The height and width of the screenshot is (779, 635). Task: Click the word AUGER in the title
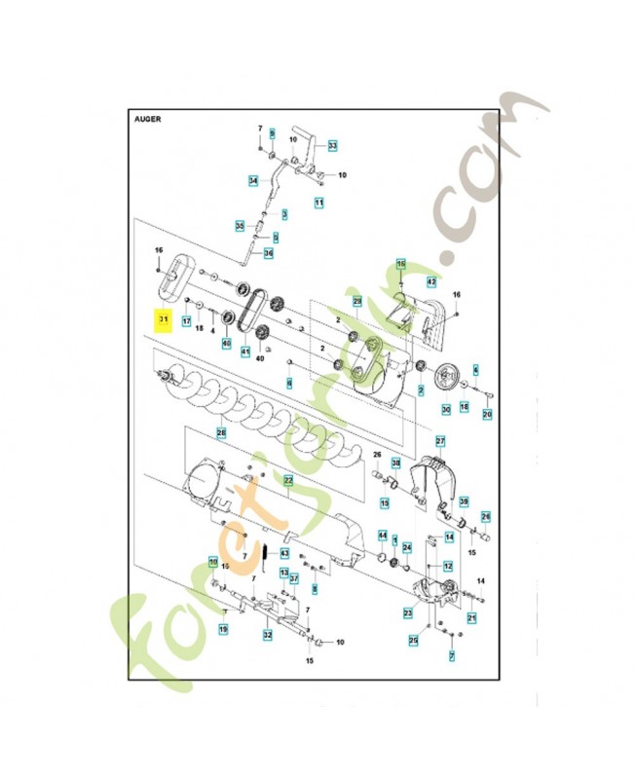click(x=148, y=120)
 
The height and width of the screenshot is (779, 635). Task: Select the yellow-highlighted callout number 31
click(x=163, y=319)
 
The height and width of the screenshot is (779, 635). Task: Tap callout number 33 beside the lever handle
click(x=332, y=146)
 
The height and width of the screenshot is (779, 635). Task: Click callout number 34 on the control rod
click(x=252, y=180)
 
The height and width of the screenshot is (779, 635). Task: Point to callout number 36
click(x=269, y=253)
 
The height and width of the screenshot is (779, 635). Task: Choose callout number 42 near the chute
click(x=432, y=281)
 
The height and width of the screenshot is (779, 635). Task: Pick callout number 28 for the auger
click(x=222, y=432)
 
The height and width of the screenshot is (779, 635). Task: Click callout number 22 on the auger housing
click(x=288, y=480)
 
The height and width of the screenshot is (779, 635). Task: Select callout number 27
click(x=440, y=441)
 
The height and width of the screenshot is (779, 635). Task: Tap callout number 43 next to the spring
click(x=284, y=553)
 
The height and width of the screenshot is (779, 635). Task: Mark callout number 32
click(x=267, y=634)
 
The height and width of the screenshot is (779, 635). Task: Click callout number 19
click(x=223, y=629)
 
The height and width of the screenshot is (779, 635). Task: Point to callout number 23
click(x=407, y=612)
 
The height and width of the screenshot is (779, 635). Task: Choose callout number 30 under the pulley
click(x=445, y=410)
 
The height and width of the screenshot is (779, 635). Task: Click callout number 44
click(x=383, y=535)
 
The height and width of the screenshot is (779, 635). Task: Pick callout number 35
click(x=240, y=226)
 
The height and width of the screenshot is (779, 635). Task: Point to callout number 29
click(x=357, y=302)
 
